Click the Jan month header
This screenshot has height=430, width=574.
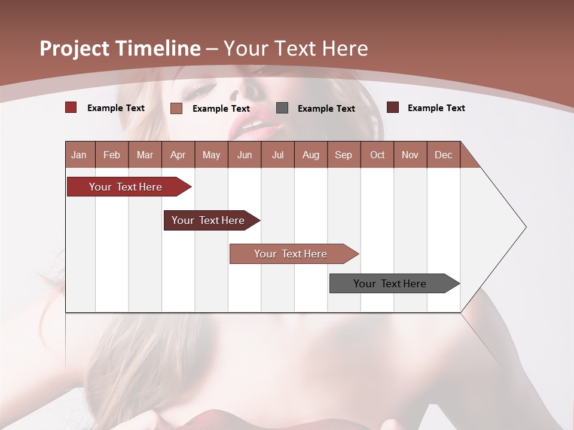79,155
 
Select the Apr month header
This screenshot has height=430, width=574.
178,155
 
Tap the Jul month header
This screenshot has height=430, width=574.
277,155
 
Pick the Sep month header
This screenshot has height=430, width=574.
343,155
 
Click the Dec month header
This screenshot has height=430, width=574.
443,155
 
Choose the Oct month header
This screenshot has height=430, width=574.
377,155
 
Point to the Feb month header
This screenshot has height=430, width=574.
112,155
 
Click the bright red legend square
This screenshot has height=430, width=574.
71,107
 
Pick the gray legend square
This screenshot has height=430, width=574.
282,108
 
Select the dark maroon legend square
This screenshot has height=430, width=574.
392,107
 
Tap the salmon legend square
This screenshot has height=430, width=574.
176,108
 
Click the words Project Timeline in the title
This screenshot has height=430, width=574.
120,48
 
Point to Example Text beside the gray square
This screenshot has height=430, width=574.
326,109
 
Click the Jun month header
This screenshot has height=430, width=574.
245,155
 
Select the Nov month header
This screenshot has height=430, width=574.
410,155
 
